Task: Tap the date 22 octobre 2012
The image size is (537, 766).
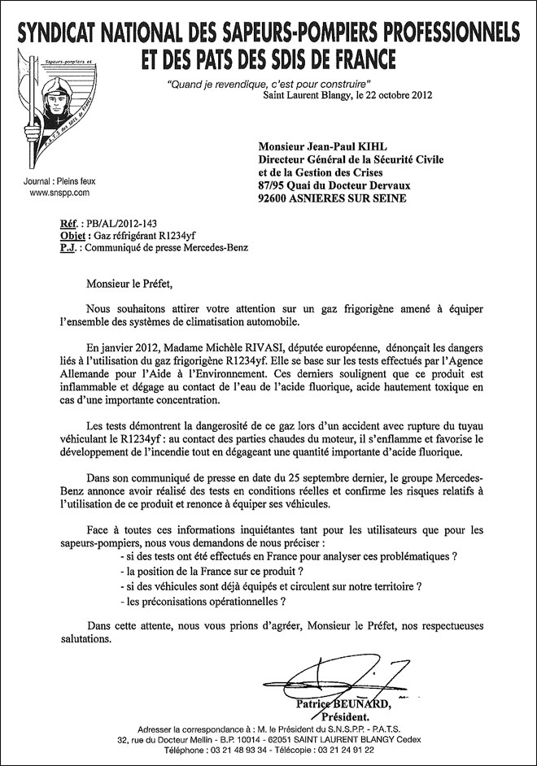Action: [x=390, y=95]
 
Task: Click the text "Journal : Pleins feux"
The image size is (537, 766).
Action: [x=55, y=181]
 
